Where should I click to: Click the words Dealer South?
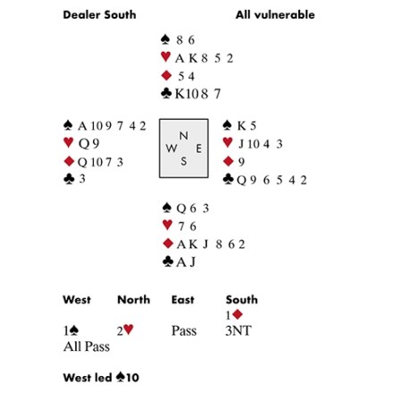tap(99, 15)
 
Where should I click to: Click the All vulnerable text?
tap(275, 15)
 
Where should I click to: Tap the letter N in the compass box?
tap(184, 136)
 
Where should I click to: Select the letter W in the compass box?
tap(171, 148)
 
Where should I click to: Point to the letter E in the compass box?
tap(198, 148)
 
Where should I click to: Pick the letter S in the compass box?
tap(184, 161)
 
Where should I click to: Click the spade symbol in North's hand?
tap(165, 39)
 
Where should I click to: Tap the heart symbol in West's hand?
tap(69, 142)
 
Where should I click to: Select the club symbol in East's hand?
tap(228, 179)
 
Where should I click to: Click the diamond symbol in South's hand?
tap(168, 244)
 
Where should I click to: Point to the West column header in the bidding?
tap(77, 299)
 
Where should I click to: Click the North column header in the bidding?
tap(134, 299)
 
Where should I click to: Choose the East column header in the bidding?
tap(183, 299)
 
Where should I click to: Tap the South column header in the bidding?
tap(241, 299)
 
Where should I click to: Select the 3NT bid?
tap(238, 330)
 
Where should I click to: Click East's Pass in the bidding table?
tap(184, 330)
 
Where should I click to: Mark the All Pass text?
tap(87, 347)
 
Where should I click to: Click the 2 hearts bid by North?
tap(125, 330)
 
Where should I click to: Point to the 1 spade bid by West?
tap(71, 330)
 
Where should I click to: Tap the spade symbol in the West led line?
tap(121, 377)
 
